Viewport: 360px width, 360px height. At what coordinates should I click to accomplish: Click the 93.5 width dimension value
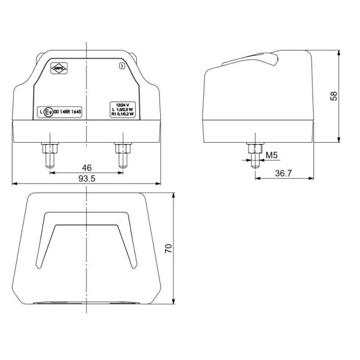click(x=88, y=179)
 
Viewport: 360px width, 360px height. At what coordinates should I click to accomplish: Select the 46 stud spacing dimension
click(x=88, y=167)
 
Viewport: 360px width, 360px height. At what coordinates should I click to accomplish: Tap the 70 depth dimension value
click(x=169, y=249)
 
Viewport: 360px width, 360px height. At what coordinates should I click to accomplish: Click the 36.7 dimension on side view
click(x=284, y=173)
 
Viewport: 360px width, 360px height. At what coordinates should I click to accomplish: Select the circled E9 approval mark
click(x=49, y=112)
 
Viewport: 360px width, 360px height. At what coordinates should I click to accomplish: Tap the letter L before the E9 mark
click(x=40, y=112)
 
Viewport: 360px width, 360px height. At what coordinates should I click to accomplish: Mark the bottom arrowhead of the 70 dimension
click(x=174, y=303)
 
